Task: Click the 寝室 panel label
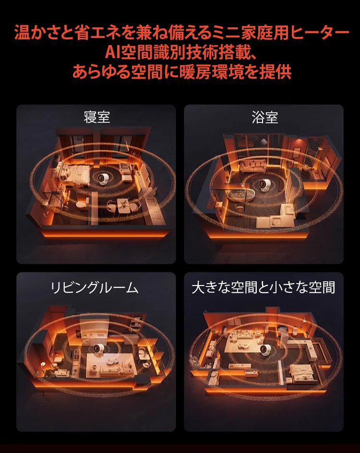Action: coord(97,117)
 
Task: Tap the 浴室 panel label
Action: coord(264,117)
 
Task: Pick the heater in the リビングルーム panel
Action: coord(97,350)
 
